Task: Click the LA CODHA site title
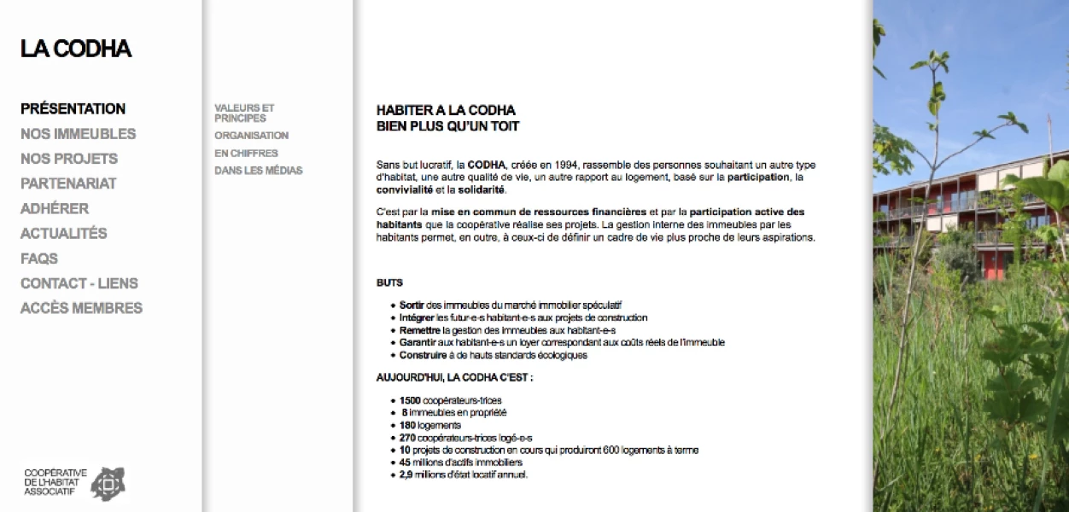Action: (76, 49)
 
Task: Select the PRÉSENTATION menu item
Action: (73, 109)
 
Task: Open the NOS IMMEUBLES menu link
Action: (78, 134)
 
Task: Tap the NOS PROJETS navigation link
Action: (69, 159)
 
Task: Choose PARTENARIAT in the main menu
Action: (68, 183)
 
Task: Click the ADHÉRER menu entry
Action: (55, 208)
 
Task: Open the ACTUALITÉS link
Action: (64, 233)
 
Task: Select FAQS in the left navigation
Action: (39, 258)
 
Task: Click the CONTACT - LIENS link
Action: (79, 283)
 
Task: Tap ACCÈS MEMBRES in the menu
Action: (81, 308)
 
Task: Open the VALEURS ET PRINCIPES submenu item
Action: (244, 113)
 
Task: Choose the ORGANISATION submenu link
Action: (251, 136)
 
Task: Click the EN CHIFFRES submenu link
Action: (246, 154)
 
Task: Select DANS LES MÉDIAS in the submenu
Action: (258, 171)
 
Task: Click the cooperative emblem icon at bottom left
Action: (108, 483)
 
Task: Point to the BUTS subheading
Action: (389, 282)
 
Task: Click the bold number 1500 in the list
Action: (410, 400)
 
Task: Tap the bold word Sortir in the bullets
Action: (412, 305)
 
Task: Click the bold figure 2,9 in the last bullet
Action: (407, 474)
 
